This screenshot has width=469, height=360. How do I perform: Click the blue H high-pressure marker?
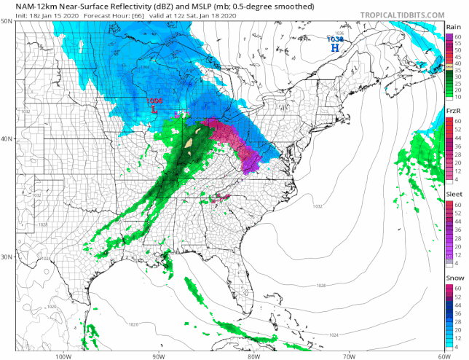tap(335, 47)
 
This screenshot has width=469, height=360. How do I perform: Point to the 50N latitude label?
tap(7, 21)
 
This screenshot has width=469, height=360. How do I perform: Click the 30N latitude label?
tap(7, 256)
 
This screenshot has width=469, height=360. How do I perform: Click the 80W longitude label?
tap(253, 356)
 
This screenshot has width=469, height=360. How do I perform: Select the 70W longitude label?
tap(348, 356)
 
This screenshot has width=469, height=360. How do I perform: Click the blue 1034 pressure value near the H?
tap(334, 39)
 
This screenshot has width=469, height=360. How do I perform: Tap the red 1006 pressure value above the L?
tap(154, 101)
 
